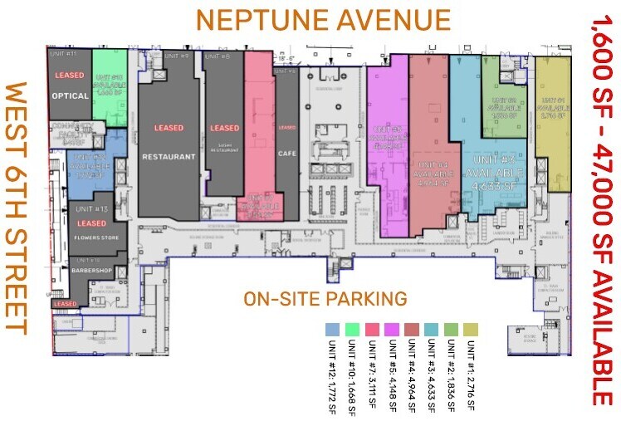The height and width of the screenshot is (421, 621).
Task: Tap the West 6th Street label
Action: [x=17, y=208]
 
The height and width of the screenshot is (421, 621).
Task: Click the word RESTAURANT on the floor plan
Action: [x=169, y=156]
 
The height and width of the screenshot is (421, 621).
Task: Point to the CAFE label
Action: [x=287, y=154]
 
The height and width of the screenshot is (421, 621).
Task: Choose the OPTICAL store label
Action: [x=70, y=95]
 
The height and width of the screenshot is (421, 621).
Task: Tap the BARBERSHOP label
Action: [x=92, y=271]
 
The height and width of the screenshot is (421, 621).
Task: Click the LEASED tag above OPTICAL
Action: [x=70, y=76]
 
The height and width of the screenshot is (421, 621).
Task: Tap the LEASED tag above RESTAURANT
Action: [x=169, y=128]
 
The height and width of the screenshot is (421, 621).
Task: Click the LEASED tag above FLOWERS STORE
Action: [x=92, y=223]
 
